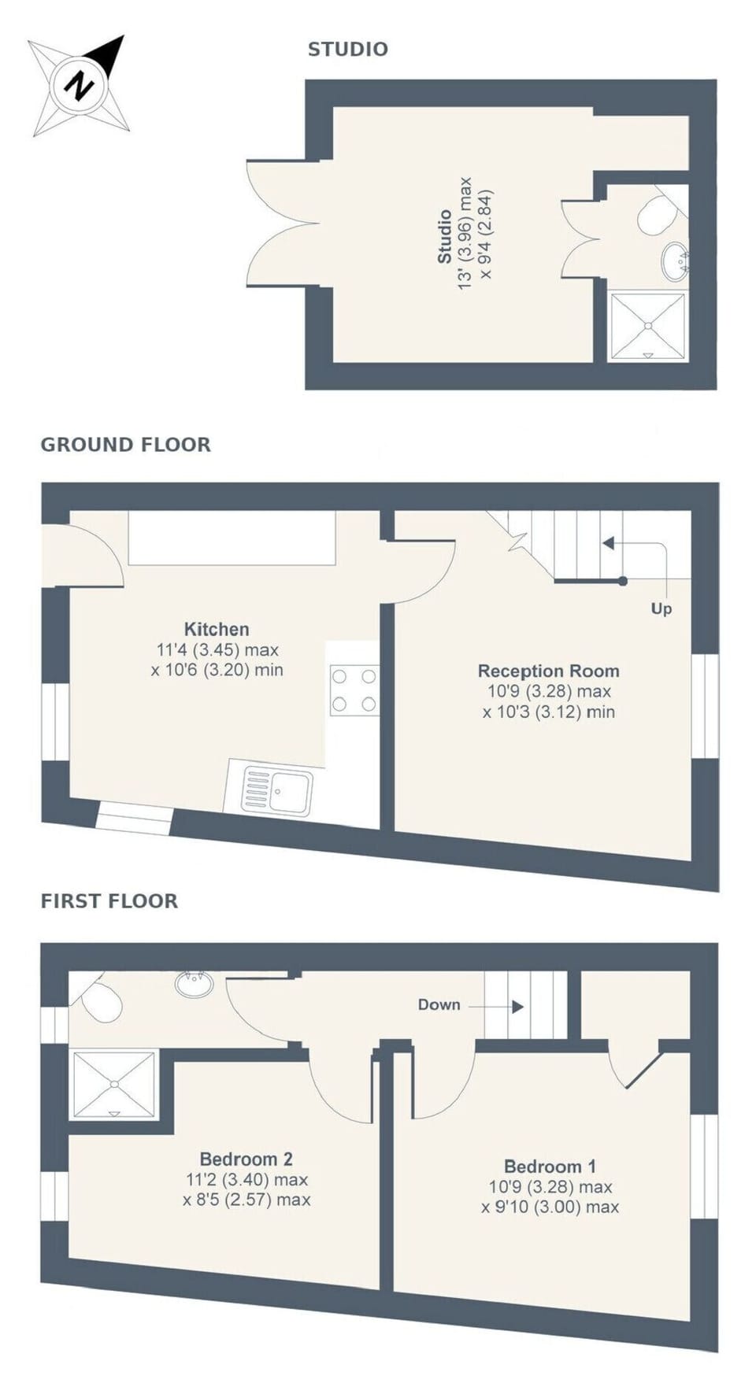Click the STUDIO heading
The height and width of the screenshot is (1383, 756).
coord(347,49)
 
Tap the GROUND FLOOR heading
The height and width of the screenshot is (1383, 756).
coord(125,445)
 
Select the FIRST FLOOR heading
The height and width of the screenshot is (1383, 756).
coord(109,901)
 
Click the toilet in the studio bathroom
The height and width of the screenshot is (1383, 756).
coord(655,215)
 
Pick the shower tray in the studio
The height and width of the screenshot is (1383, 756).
coord(647,326)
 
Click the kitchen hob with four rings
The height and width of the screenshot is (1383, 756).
coord(354,690)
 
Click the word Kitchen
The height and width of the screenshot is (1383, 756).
coord(217,629)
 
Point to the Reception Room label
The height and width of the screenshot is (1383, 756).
coord(548,671)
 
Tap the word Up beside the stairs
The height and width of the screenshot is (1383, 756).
coord(661,608)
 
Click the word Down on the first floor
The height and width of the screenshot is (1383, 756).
coord(439,1004)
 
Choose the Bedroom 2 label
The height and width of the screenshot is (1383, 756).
coord(246,1159)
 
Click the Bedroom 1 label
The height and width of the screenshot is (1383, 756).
coord(550,1166)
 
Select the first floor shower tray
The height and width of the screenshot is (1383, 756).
coord(115,1085)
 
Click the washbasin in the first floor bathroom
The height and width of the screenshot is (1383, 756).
coord(194,984)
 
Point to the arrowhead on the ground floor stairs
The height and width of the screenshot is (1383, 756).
coord(608,543)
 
